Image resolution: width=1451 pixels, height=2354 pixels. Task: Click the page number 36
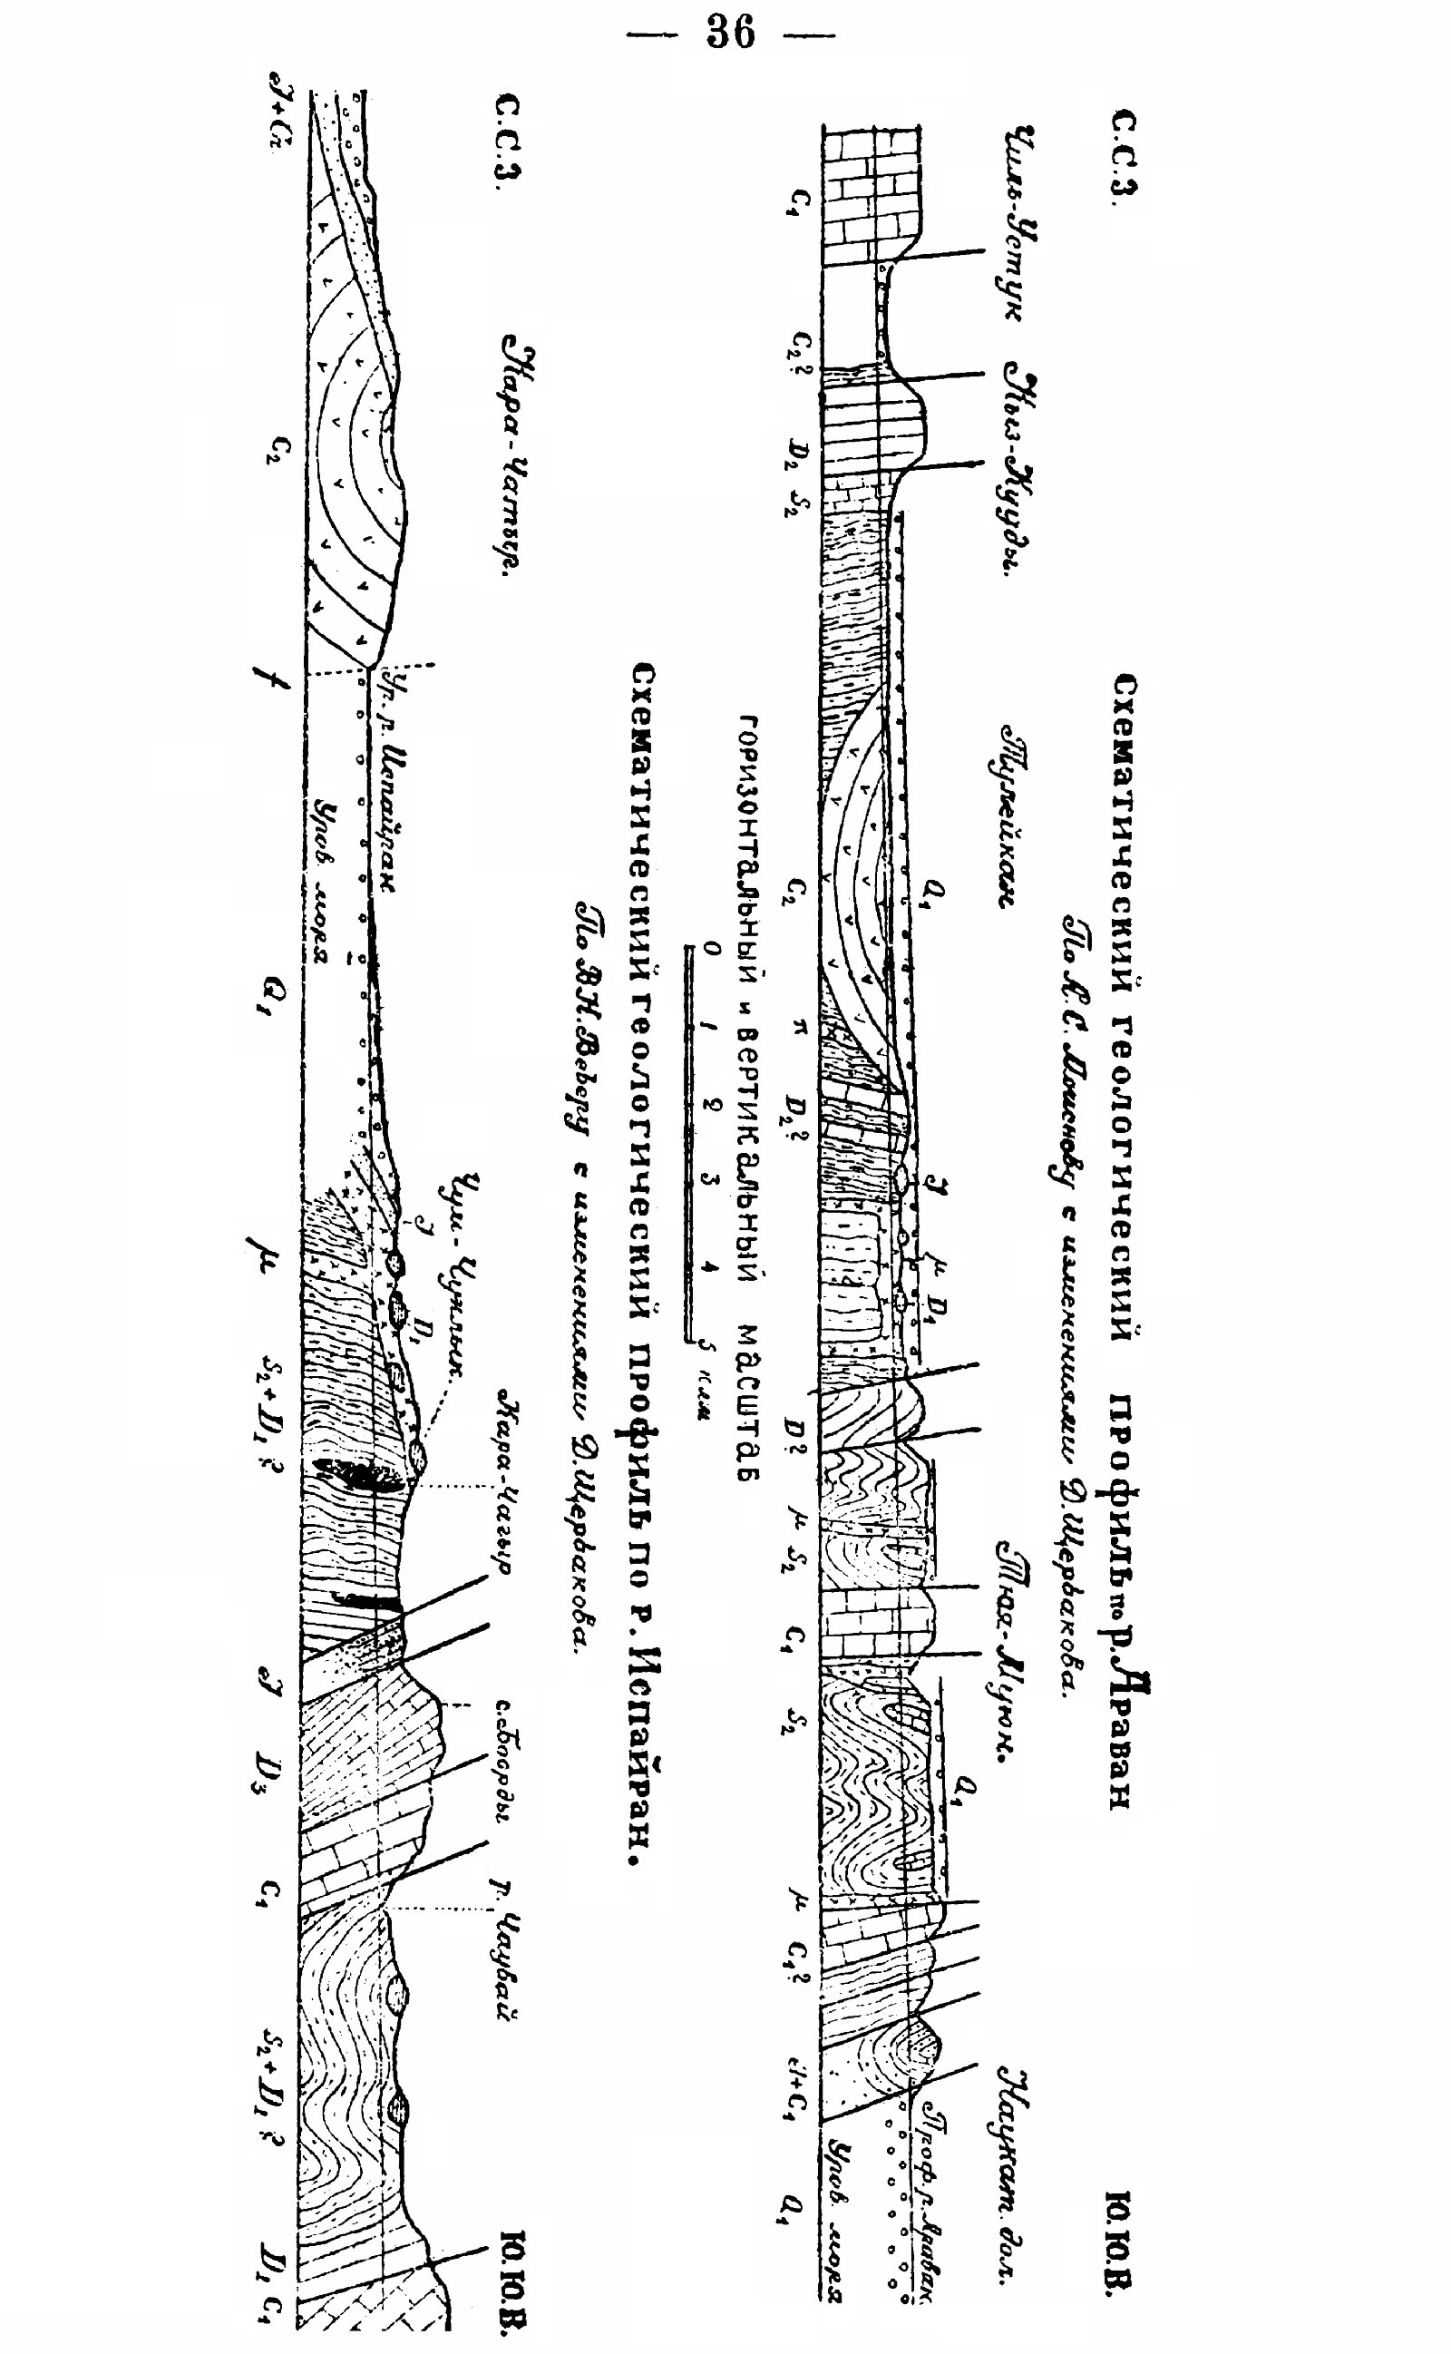[731, 34]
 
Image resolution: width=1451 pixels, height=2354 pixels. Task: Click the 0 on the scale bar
[710, 949]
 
